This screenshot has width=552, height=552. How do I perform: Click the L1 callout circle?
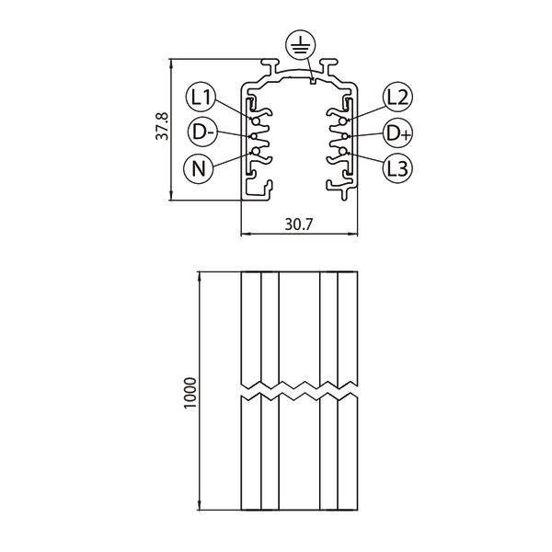pos(201,96)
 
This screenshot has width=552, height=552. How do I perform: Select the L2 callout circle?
pos(397,96)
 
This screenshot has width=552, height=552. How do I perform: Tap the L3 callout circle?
pos(397,167)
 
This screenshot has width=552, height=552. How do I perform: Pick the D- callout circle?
pos(201,132)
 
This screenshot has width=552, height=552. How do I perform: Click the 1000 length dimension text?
pos(190,393)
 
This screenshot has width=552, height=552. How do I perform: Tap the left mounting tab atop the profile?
pos(271,67)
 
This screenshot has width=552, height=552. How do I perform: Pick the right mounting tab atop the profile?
pos(328,67)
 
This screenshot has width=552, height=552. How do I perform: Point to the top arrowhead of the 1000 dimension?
pos(201,276)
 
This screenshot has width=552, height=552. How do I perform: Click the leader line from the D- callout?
pos(235,133)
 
